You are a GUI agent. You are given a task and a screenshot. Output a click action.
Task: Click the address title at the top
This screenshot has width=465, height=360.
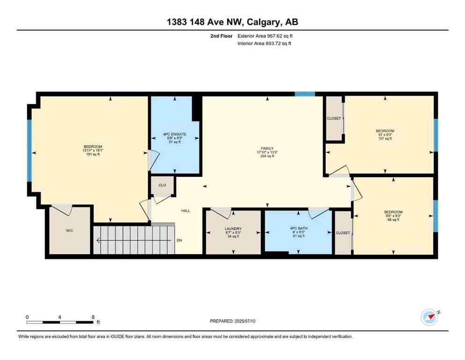[232, 22]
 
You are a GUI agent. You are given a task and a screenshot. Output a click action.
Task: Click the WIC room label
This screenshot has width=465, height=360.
[70, 231]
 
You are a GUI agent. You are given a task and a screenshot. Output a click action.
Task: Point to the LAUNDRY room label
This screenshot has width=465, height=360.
[233, 232]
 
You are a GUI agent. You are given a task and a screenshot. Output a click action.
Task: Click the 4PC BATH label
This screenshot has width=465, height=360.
[298, 232]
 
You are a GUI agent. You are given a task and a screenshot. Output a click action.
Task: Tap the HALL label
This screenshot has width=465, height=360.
[186, 211]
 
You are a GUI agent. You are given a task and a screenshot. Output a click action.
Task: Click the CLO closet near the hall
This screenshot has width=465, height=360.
[162, 185]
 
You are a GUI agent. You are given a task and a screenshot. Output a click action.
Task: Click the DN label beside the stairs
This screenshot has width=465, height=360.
[179, 241]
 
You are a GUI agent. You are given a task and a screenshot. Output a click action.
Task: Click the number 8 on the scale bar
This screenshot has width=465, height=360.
[94, 317]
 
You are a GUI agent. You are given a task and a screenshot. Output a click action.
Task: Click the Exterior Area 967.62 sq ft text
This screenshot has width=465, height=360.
[267, 36]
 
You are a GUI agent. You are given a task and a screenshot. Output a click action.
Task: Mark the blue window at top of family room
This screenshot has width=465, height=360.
[305, 94]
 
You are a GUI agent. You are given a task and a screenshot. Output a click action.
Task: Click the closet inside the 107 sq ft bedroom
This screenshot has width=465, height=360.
[334, 119]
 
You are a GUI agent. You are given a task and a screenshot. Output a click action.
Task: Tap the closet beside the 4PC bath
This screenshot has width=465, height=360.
[343, 233]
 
